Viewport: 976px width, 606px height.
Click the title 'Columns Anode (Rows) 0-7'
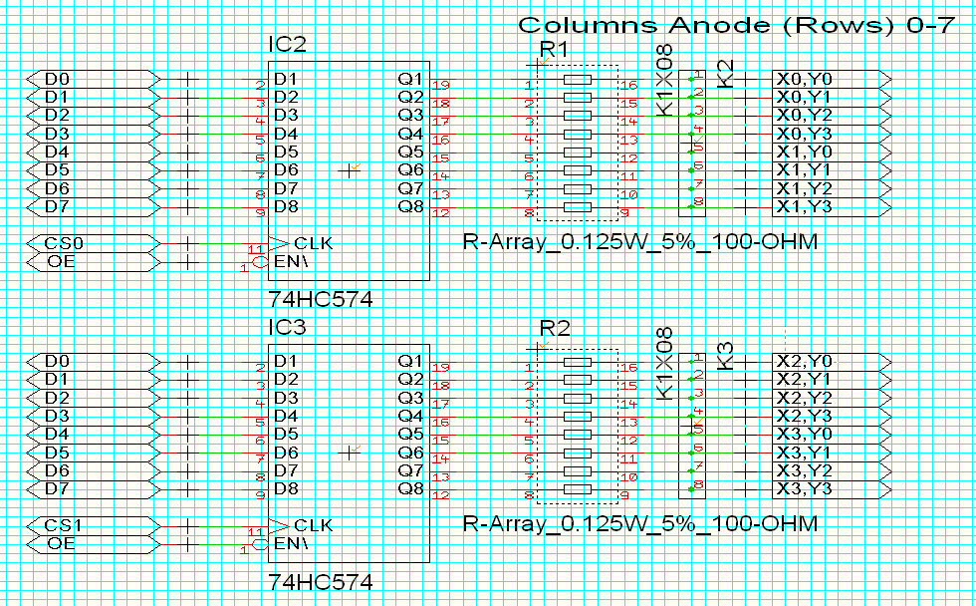[737, 26]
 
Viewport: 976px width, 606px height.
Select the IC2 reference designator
[288, 45]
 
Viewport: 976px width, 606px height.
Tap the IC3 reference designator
[288, 327]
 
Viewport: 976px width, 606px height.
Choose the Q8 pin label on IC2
[410, 206]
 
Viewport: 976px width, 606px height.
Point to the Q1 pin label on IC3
[410, 360]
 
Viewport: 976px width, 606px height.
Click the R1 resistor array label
[554, 49]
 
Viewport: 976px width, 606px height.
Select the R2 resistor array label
[554, 328]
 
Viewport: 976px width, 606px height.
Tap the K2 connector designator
[726, 72]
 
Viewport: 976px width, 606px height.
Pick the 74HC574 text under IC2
[321, 299]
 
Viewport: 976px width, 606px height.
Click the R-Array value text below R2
[639, 523]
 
